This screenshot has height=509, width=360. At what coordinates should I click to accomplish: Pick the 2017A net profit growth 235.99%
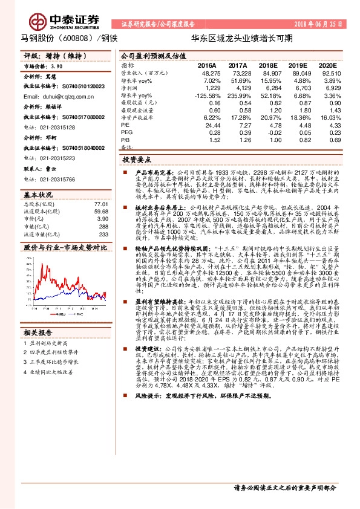239,96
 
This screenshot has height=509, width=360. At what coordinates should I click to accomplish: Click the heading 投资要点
137,160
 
